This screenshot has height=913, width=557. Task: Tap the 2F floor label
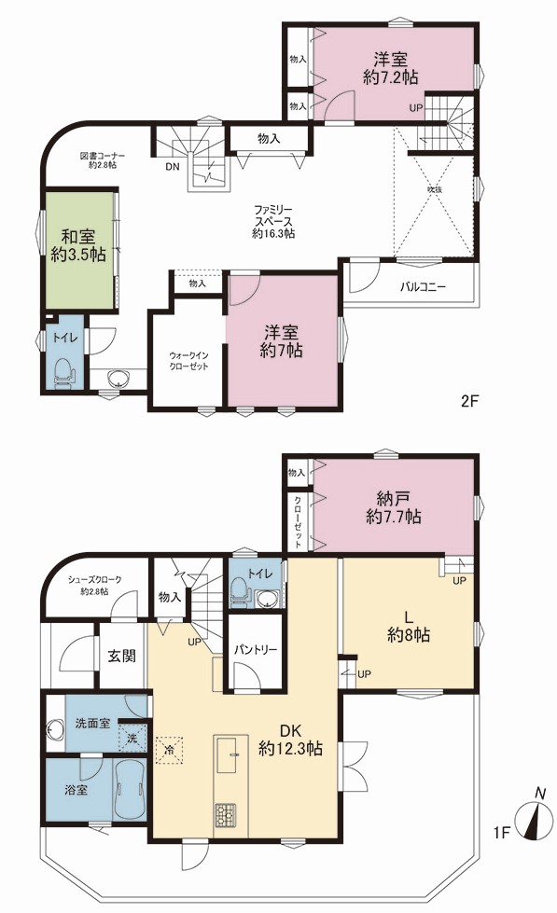[x=469, y=401]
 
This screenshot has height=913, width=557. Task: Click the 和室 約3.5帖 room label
[x=78, y=245]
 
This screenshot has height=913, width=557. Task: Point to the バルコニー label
[x=423, y=287]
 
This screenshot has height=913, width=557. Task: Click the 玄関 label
[x=122, y=655]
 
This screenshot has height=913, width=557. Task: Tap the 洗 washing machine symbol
[x=132, y=739]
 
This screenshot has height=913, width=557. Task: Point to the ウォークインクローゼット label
[x=188, y=361]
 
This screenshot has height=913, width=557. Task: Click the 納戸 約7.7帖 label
[x=394, y=507]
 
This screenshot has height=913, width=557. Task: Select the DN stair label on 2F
[x=173, y=167]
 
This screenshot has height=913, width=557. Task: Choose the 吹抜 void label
[x=432, y=189]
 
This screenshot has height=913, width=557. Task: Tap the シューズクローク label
[x=94, y=579]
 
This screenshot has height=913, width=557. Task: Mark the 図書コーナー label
[x=102, y=156]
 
